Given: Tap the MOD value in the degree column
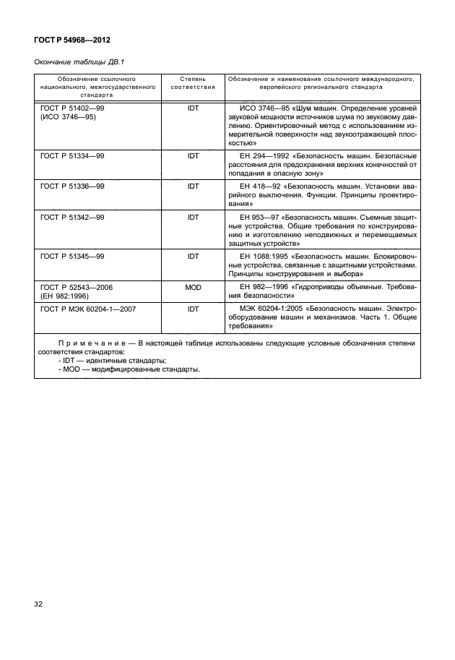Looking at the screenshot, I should [193, 287].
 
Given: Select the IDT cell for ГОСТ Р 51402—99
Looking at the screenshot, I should [193, 107].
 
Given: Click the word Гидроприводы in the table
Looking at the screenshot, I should [313, 287].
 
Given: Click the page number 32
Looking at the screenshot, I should [40, 603].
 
